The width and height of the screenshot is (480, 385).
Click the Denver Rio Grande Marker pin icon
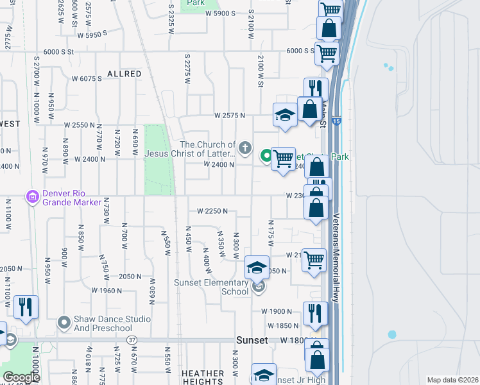[x=31, y=196]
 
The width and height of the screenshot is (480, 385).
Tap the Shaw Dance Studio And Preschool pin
[x=63, y=322]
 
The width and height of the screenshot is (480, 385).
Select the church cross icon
[x=244, y=149]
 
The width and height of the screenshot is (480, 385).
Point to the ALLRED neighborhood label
[x=124, y=74]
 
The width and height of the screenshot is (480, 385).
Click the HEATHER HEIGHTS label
[x=203, y=377]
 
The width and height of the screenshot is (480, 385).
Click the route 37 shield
[x=132, y=339]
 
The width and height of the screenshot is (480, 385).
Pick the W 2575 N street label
[x=230, y=116]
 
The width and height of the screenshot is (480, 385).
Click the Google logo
[x=21, y=377]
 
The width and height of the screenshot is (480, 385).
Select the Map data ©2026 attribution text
[x=452, y=380]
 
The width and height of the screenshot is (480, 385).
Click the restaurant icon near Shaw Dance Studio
[x=26, y=307]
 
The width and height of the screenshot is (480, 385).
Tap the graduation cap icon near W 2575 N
[x=285, y=116]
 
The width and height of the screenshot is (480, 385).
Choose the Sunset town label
[x=252, y=340]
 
